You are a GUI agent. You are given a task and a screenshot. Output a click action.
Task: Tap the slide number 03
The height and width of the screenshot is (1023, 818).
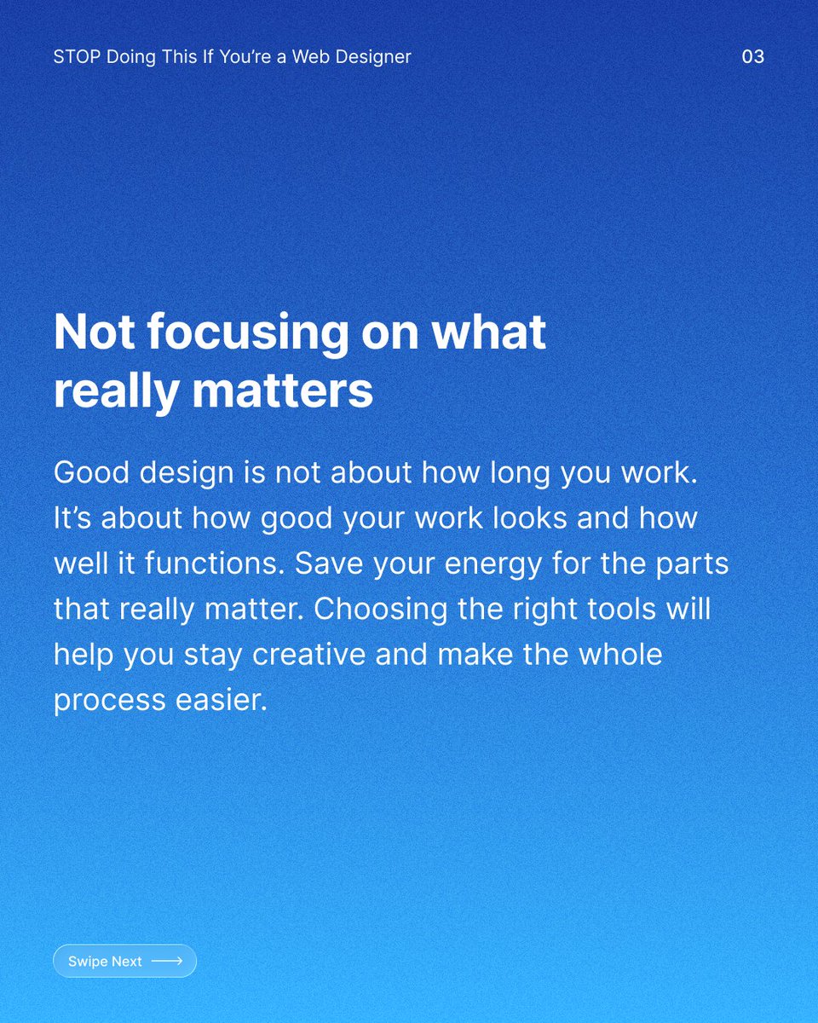[x=752, y=57]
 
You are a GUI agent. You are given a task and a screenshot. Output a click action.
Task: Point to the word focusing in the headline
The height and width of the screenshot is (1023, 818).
[x=245, y=332]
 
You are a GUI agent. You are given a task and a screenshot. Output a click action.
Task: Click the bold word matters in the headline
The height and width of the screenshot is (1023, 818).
[x=282, y=390]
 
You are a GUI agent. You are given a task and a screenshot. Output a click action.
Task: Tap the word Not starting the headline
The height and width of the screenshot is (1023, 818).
[x=93, y=332]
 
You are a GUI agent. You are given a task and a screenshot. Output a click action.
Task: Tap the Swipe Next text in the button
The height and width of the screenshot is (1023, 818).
[x=105, y=962]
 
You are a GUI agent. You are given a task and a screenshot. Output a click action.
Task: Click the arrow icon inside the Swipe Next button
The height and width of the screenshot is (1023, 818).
[x=167, y=962]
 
